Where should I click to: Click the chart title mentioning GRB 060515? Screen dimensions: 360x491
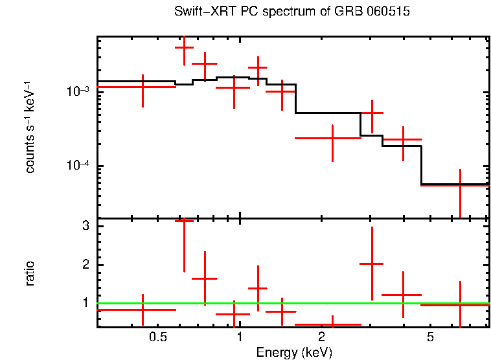click(292, 12)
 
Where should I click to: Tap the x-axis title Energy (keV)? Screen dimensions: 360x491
click(294, 353)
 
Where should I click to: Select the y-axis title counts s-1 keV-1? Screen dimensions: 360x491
click(30, 127)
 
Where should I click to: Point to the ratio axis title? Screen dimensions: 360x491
click(30, 273)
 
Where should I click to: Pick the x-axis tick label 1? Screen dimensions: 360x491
click(240, 338)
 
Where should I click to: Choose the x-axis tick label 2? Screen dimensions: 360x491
click(321, 338)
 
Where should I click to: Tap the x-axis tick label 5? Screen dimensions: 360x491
click(430, 338)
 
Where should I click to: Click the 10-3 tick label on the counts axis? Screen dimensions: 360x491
click(77, 91)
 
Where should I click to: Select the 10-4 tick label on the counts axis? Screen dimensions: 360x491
click(77, 166)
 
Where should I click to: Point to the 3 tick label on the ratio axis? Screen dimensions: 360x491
click(85, 226)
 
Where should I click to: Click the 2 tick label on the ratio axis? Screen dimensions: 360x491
click(85, 264)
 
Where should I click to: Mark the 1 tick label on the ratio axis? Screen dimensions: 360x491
click(85, 302)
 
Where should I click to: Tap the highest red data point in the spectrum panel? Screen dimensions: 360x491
click(184, 47)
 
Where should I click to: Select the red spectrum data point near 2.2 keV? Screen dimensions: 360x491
click(332, 138)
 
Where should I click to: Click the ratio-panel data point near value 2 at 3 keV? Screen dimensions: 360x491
click(372, 264)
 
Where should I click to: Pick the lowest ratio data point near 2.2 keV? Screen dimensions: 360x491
click(332, 324)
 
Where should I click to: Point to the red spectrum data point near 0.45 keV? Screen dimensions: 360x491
click(142, 87)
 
